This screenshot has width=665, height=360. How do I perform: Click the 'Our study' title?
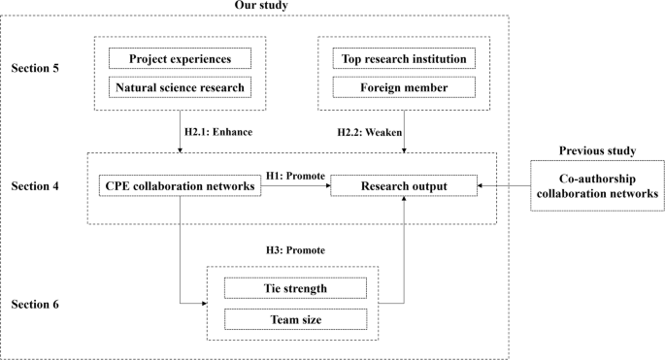[261, 7]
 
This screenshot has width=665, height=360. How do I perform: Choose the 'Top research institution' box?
[404, 60]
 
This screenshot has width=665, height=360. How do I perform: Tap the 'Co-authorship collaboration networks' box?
[597, 187]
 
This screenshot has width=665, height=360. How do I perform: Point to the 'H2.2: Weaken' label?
[364, 129]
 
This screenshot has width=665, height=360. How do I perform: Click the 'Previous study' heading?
[597, 150]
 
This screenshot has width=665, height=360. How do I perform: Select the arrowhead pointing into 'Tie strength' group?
[203, 304]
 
